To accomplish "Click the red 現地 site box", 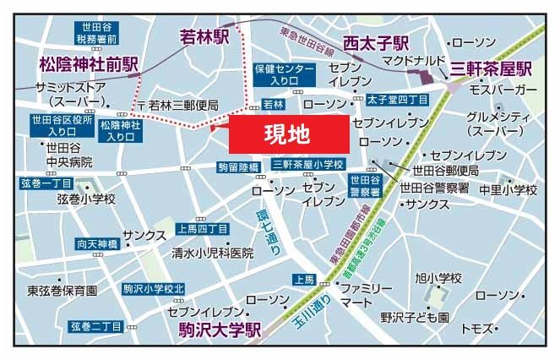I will [288, 134].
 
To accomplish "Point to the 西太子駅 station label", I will [376, 42].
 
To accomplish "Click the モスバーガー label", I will [503, 89].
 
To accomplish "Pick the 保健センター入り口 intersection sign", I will [276, 74].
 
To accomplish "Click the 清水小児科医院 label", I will [213, 253].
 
